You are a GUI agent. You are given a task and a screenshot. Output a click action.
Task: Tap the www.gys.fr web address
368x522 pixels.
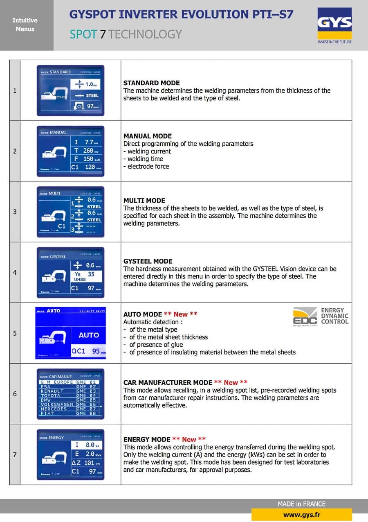(301, 515)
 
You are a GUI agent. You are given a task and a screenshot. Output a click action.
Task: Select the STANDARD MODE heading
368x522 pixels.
(152, 83)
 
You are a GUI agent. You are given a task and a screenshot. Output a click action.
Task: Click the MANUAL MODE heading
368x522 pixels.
(148, 136)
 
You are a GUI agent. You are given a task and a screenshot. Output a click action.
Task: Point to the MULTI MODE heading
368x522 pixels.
(144, 201)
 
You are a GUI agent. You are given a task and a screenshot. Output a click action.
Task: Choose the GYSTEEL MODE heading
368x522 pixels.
(148, 261)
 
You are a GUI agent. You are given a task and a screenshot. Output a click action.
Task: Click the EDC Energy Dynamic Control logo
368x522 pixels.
(321, 316)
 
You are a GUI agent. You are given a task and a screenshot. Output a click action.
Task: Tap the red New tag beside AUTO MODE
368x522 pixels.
(181, 314)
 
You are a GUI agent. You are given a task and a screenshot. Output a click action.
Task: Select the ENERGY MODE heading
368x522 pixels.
(147, 439)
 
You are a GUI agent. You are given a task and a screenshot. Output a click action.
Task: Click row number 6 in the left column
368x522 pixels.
(15, 394)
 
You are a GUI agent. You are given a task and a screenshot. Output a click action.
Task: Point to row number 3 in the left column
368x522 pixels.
(15, 212)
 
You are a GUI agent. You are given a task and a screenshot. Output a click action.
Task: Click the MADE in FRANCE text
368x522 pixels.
(302, 504)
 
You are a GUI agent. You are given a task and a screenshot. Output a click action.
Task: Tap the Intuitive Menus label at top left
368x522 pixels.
(25, 25)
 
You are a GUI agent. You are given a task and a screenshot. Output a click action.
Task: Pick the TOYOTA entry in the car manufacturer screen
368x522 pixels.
(50, 395)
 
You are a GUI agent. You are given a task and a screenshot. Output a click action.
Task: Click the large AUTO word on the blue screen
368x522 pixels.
(89, 335)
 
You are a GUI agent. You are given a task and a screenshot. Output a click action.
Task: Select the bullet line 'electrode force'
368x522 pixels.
(148, 166)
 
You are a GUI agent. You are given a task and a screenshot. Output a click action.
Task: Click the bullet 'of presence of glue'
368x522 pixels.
(156, 345)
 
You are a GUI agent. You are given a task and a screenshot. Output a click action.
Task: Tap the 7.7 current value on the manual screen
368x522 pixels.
(88, 142)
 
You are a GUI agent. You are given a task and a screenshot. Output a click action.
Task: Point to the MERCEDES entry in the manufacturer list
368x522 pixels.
(54, 409)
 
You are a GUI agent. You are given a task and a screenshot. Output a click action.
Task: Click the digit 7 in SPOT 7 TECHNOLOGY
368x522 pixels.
(103, 34)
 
